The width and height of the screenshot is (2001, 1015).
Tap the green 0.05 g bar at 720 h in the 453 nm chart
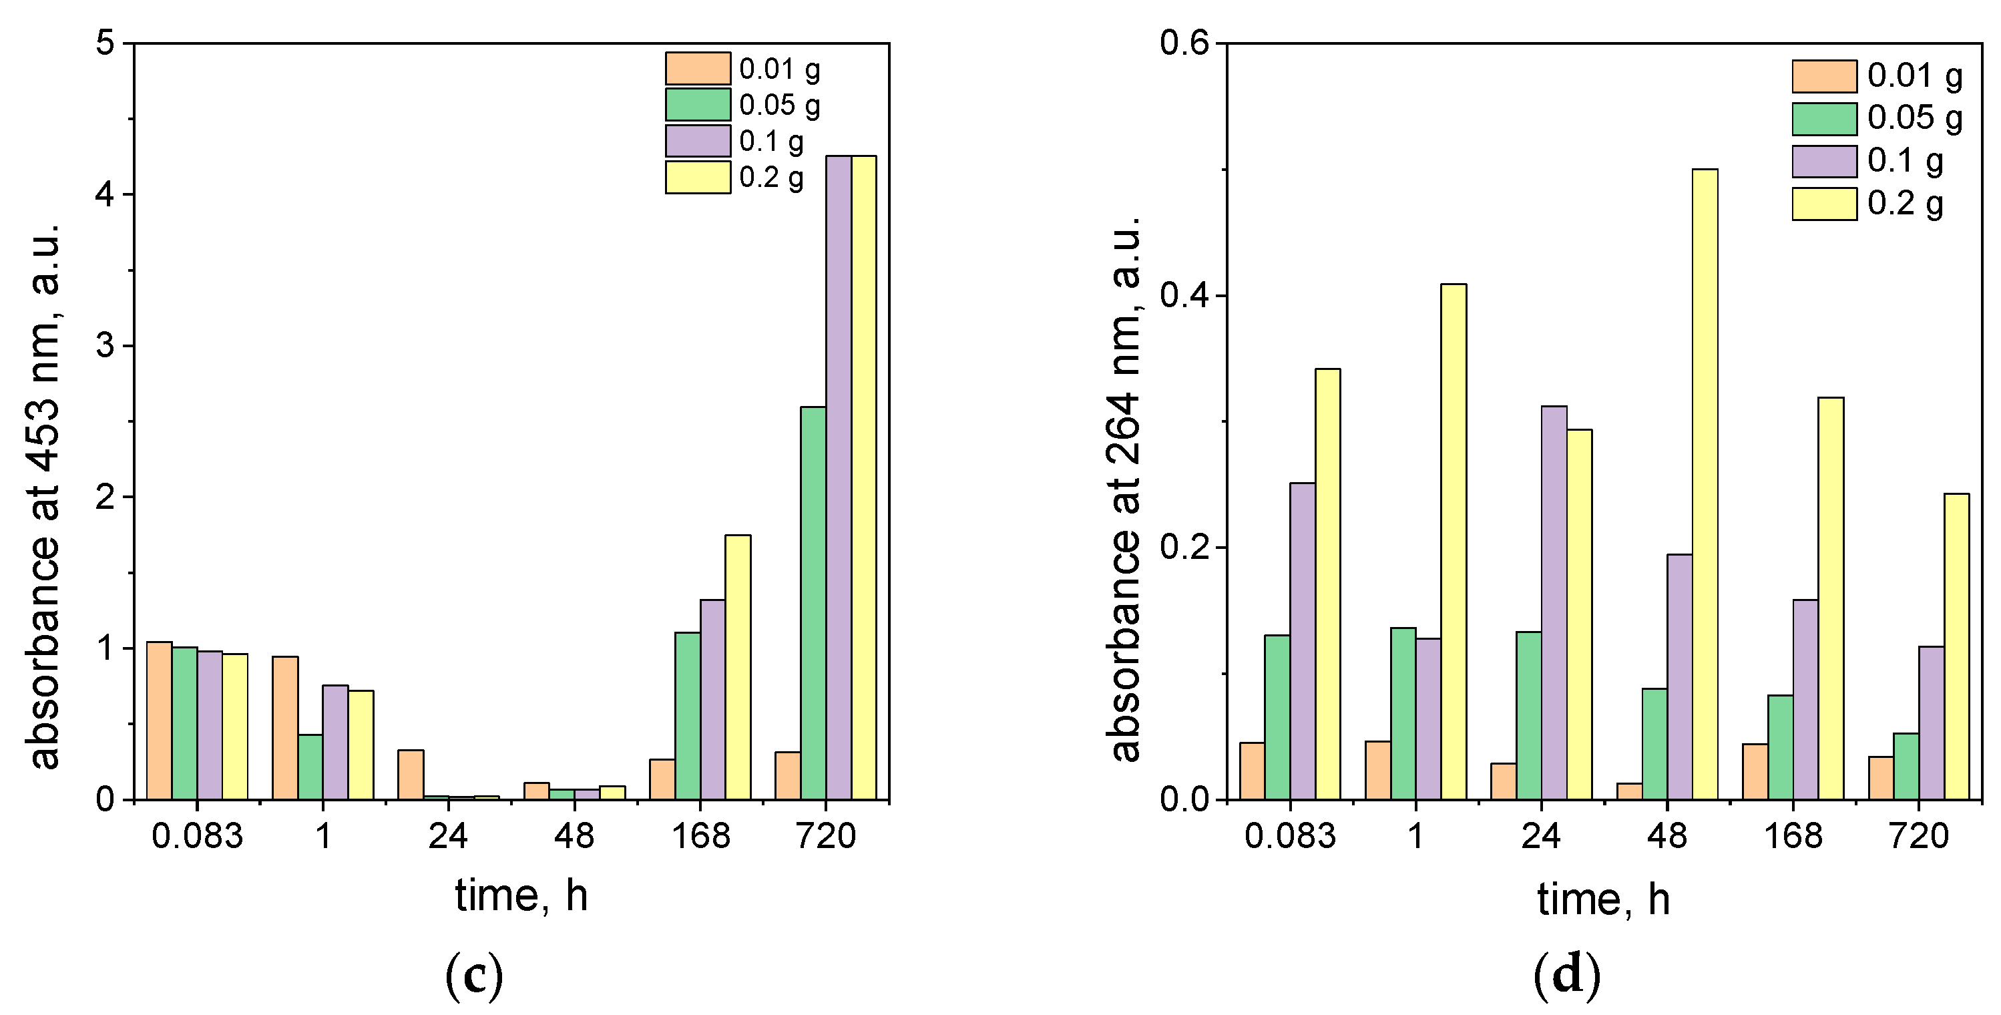(x=813, y=602)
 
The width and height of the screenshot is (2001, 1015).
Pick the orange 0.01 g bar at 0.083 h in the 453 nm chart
(x=160, y=721)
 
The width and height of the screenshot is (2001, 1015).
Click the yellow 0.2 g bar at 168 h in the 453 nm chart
(x=738, y=667)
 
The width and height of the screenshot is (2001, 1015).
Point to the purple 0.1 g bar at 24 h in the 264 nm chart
(x=1554, y=602)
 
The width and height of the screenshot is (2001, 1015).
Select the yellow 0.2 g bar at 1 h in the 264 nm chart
(x=1454, y=541)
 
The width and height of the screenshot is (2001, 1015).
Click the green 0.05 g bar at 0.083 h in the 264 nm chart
(x=1277, y=717)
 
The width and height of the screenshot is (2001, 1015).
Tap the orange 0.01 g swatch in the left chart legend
(x=698, y=68)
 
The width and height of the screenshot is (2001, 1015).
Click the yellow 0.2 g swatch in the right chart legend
(x=1825, y=204)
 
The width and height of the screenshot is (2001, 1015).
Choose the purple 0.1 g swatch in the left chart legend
(x=698, y=141)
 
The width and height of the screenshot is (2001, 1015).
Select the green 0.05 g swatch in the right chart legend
(x=1825, y=119)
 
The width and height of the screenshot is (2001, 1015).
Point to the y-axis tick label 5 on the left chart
(x=104, y=43)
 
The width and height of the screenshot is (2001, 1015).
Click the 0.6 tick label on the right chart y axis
(x=1184, y=43)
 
